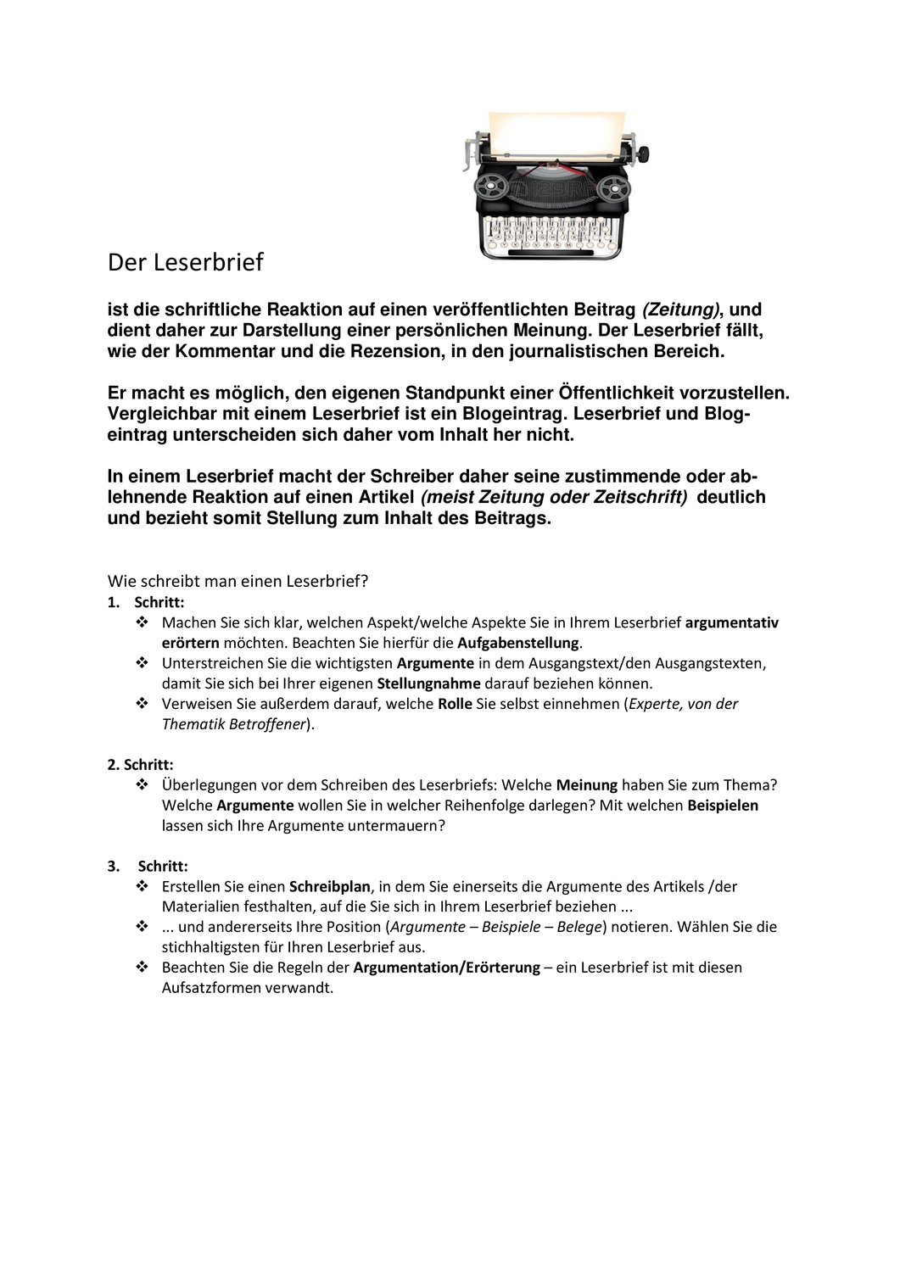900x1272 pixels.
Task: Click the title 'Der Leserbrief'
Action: click(x=186, y=262)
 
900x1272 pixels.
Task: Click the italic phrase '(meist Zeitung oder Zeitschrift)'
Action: click(x=554, y=497)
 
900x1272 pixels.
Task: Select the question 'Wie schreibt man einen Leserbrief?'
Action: click(x=238, y=581)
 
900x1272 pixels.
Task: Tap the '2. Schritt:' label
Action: click(x=141, y=764)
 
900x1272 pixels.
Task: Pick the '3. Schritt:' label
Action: click(x=148, y=866)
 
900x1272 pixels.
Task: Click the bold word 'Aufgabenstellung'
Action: click(x=517, y=643)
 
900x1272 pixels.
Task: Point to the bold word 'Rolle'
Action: click(x=455, y=704)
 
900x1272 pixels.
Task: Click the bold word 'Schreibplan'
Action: click(x=330, y=886)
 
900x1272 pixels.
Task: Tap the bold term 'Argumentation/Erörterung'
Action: click(x=446, y=968)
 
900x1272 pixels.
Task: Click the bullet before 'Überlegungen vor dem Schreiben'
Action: click(x=142, y=785)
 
